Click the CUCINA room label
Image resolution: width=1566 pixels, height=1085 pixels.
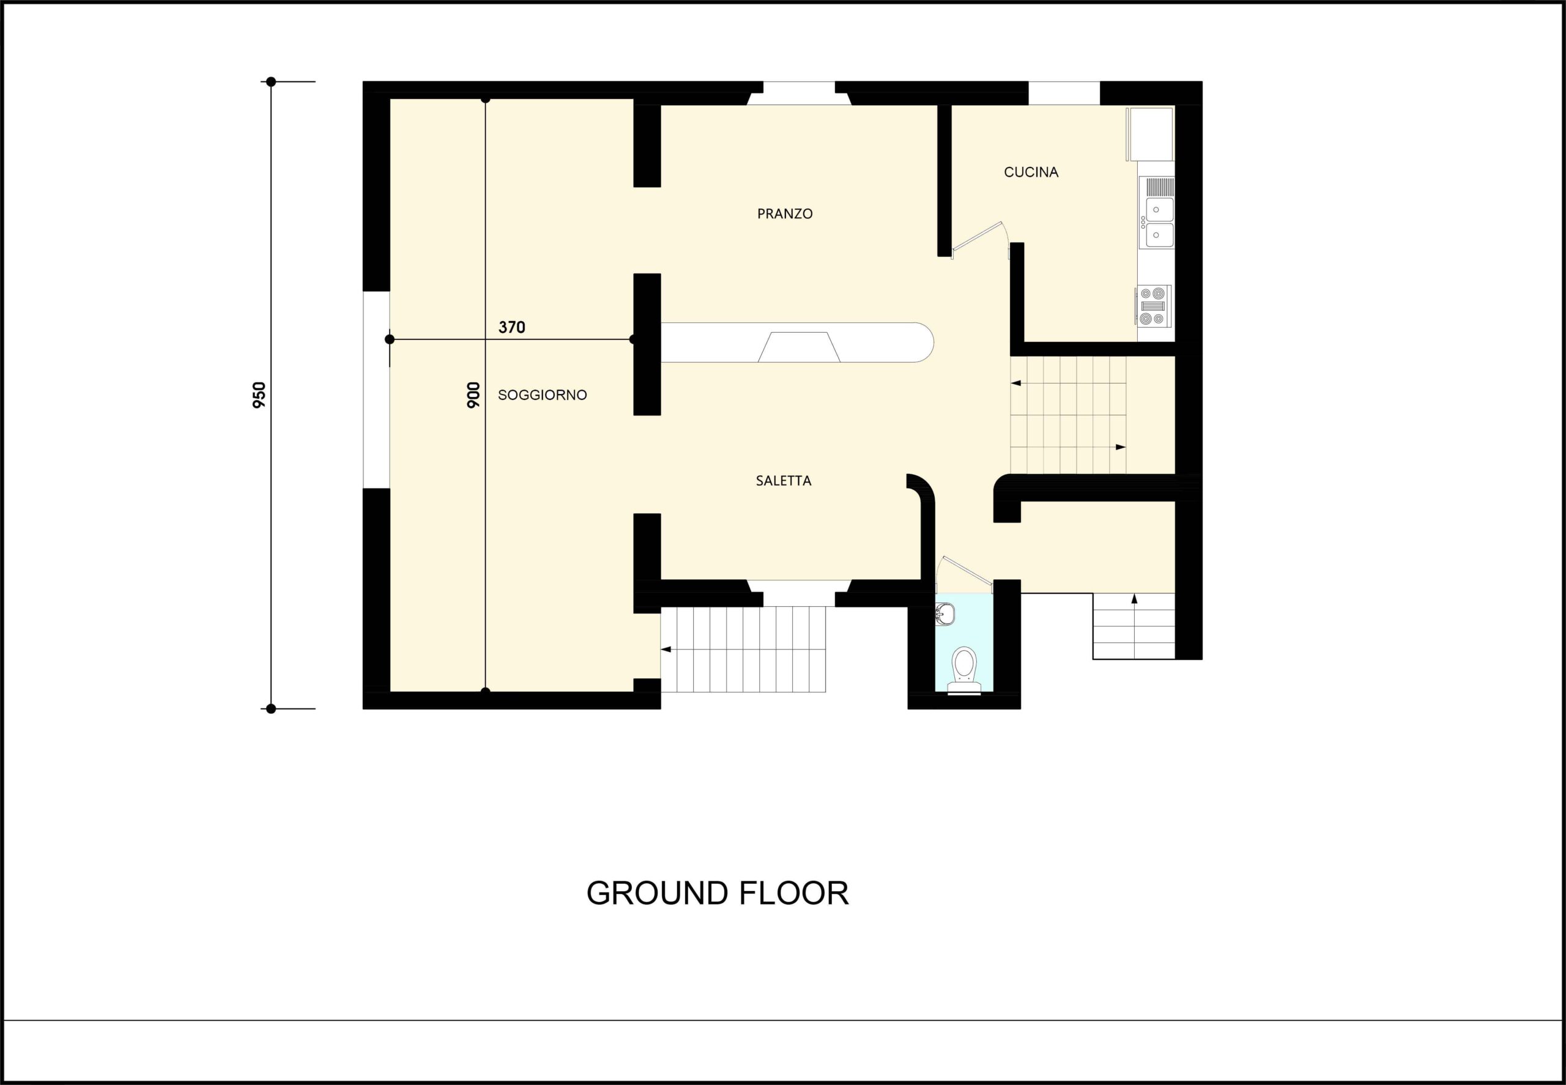click(x=1031, y=172)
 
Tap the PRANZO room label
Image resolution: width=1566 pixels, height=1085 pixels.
click(x=785, y=213)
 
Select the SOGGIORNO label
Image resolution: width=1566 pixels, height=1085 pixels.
click(x=542, y=395)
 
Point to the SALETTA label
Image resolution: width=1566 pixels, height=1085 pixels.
click(x=784, y=481)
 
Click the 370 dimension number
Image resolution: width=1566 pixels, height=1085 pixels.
click(x=511, y=327)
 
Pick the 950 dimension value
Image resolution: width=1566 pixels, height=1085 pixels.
click(x=259, y=395)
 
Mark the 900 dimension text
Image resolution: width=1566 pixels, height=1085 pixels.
click(x=473, y=395)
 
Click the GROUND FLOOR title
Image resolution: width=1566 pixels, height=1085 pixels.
click(x=718, y=894)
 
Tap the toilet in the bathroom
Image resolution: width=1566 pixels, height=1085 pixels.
click(x=964, y=670)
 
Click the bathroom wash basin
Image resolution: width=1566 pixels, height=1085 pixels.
click(x=945, y=615)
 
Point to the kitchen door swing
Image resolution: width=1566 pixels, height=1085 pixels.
click(x=980, y=239)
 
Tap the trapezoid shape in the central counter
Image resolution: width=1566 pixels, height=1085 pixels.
click(x=799, y=347)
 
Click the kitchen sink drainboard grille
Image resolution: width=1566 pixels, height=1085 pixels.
click(x=1160, y=187)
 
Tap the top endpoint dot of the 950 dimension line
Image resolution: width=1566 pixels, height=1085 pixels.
click(x=270, y=81)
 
